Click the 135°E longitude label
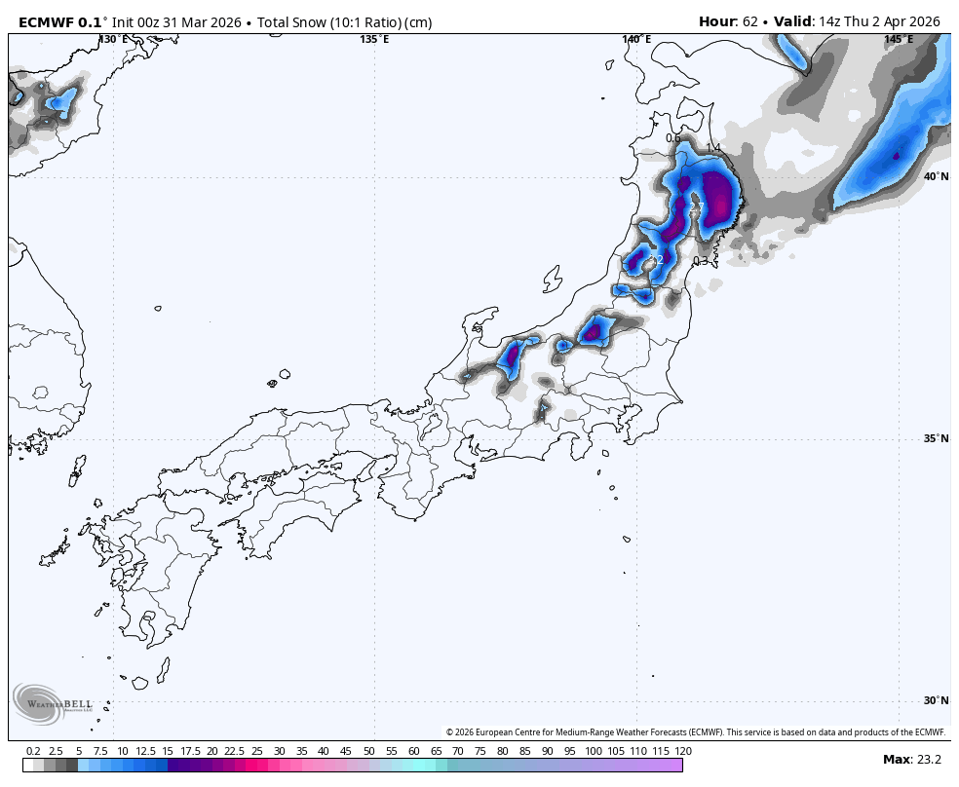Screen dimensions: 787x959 coord(374,39)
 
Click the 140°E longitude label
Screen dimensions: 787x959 coord(637,39)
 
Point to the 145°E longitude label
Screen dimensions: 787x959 coord(899,39)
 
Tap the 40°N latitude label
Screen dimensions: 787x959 coord(936,176)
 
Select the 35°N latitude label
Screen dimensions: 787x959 coord(936,438)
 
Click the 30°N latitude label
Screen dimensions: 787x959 coord(936,700)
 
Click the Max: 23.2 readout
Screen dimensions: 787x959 coord(911,760)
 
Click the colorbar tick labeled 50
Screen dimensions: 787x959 coord(368,751)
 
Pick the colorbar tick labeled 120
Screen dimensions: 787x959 coord(683,751)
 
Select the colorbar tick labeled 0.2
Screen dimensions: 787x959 coord(33,751)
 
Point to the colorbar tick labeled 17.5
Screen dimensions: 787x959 coord(190,751)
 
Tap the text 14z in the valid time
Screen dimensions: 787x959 coord(831,21)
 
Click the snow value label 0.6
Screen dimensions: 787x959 coord(673,137)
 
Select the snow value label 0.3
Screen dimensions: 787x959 coord(701,261)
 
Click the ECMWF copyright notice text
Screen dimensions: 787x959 coord(696,732)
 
